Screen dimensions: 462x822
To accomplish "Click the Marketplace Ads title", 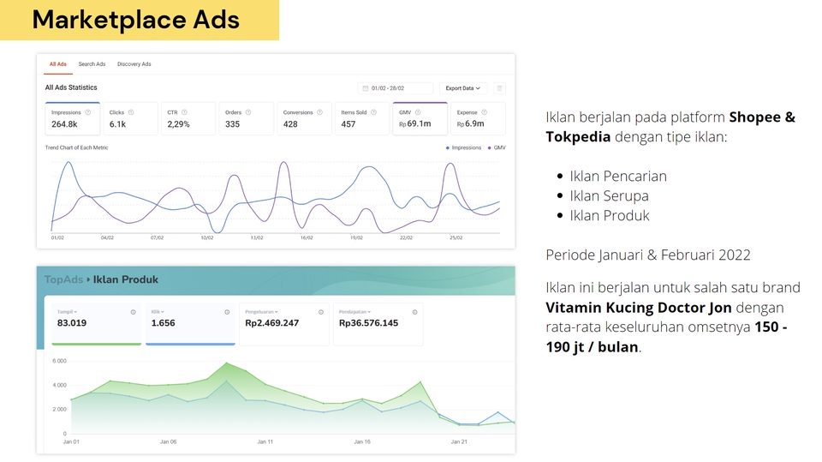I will coord(135,20).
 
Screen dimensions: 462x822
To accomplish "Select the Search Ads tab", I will coord(92,64).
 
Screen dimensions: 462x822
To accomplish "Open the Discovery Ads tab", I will coord(134,64).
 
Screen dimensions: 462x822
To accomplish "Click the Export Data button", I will coord(462,88).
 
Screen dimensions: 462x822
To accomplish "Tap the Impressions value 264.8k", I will coord(64,124).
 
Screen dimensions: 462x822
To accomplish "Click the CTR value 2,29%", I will coord(178,124).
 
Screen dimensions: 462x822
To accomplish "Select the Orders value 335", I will coord(233,124).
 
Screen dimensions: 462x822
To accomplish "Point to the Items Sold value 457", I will coord(348,124).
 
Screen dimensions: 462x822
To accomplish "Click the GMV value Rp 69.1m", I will coord(414,124).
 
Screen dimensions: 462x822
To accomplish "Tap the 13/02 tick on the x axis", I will coord(257,238).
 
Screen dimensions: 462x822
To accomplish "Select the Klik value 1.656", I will coord(163,323).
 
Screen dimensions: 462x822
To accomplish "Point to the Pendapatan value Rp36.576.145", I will coord(368,323).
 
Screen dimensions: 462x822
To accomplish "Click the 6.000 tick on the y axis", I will coord(60,361).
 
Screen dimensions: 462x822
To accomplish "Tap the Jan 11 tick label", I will coord(265,442).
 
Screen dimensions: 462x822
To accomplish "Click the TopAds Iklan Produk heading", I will coord(101,279).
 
